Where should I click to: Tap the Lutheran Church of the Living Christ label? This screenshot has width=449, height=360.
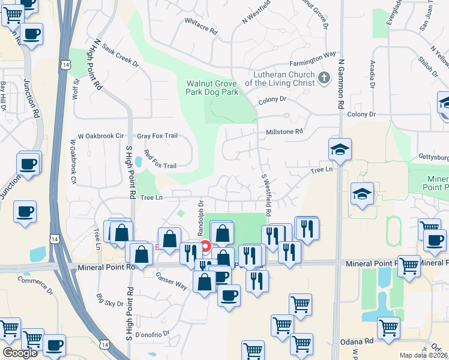pos(280,79)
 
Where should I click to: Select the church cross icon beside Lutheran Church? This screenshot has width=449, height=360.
pos(324,77)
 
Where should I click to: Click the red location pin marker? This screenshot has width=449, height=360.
pos(205,247)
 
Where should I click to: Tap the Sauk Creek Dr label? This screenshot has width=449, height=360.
pos(119,55)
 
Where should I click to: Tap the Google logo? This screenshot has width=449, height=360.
pos(20,353)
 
